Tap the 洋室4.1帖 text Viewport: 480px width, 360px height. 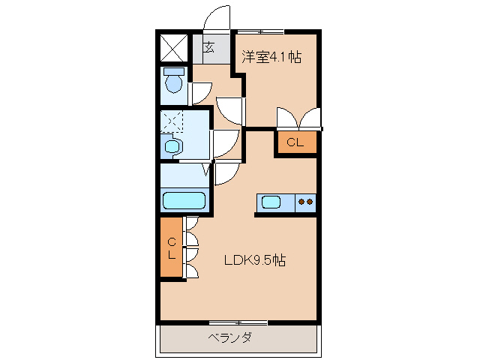pos(271,57)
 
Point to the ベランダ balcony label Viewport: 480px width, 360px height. pos(229,337)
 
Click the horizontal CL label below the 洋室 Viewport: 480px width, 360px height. pos(295,142)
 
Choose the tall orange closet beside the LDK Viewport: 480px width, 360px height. pos(172,247)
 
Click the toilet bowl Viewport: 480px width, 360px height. pos(174,83)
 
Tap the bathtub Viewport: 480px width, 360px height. pos(184,201)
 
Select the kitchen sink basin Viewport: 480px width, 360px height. pos(270,202)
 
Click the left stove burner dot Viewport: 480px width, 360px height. pos(301,201)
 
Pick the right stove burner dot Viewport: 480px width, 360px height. pos(310,201)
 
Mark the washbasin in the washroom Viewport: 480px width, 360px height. pos(173,146)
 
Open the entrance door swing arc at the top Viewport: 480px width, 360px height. pos(217,16)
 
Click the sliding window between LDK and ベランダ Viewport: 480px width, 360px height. pos(238,322)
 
